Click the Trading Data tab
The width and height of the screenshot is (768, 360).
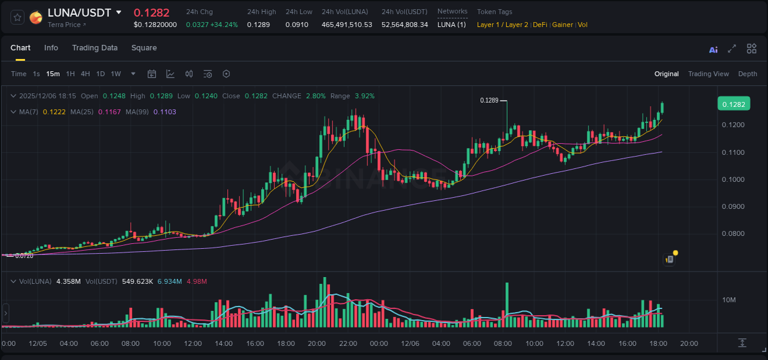[x=95, y=48]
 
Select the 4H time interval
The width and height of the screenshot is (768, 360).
[x=85, y=74]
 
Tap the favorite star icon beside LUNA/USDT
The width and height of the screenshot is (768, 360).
[x=18, y=17]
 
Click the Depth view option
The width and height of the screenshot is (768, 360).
[x=747, y=74]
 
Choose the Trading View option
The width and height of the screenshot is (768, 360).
[x=708, y=74]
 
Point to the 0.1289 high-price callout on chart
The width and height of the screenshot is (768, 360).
[x=489, y=100]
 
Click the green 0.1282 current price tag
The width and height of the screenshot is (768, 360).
[x=733, y=104]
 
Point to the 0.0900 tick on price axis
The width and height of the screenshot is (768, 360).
[x=733, y=206]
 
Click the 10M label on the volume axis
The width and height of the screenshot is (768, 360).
[x=729, y=300]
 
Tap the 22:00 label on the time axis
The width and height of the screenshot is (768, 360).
[x=348, y=343]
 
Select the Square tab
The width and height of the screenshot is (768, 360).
[x=144, y=48]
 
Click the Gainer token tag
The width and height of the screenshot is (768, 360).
[x=562, y=25]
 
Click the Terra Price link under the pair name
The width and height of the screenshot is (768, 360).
[x=66, y=25]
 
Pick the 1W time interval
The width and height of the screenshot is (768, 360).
[x=116, y=74]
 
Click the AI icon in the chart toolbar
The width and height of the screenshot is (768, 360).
[x=713, y=49]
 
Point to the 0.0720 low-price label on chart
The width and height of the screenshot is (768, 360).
[x=24, y=256]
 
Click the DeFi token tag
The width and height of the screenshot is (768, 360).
[x=540, y=25]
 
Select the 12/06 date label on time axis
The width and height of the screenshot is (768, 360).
[x=410, y=343]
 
